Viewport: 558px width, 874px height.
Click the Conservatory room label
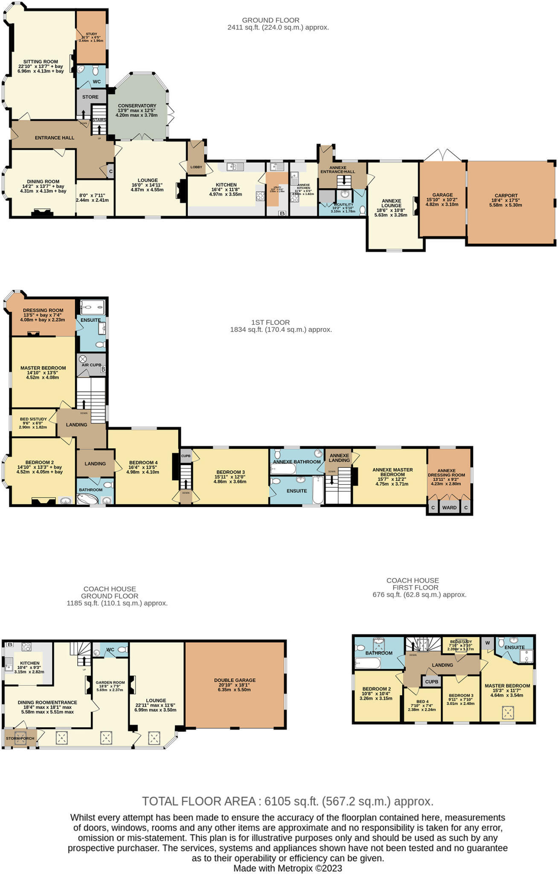pyautogui.click(x=137, y=106)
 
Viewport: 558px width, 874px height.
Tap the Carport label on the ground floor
pyautogui.click(x=506, y=195)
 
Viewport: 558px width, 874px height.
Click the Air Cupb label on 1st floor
pyautogui.click(x=91, y=365)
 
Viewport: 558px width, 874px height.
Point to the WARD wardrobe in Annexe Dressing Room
pyautogui.click(x=449, y=507)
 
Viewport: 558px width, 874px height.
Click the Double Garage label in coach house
pyautogui.click(x=235, y=680)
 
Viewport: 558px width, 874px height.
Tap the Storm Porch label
pyautogui.click(x=20, y=738)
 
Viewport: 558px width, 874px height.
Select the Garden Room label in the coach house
pyautogui.click(x=110, y=682)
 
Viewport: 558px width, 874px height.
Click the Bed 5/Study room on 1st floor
pyautogui.click(x=33, y=419)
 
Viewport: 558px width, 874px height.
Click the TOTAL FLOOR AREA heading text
pyautogui.click(x=288, y=801)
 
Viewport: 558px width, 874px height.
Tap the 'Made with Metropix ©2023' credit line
pyautogui.click(x=288, y=868)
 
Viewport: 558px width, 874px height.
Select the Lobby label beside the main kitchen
pyautogui.click(x=196, y=167)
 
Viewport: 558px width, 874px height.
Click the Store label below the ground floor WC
pyautogui.click(x=90, y=97)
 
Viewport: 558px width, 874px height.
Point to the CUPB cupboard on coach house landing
pyautogui.click(x=431, y=682)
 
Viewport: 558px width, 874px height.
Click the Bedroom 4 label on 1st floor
pyautogui.click(x=143, y=463)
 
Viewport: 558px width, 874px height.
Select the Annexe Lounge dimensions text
pyautogui.click(x=391, y=213)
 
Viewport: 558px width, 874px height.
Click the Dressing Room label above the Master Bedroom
pyautogui.click(x=43, y=310)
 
